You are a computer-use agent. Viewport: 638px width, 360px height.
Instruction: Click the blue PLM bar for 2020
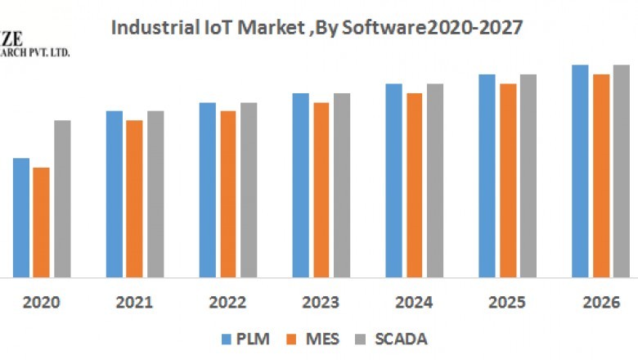pos(21,218)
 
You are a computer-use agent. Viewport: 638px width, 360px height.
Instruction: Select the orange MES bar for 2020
pos(41,223)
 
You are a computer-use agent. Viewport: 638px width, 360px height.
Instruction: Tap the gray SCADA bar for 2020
pos(62,199)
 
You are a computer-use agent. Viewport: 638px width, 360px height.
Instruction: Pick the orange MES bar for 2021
pos(134,199)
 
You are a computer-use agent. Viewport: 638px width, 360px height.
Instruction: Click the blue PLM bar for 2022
pos(207,190)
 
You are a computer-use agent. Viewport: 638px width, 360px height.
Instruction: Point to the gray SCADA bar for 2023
pos(341,185)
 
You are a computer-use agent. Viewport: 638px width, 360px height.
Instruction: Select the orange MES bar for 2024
pos(415,185)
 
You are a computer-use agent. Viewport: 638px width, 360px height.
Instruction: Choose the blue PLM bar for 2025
pos(487,176)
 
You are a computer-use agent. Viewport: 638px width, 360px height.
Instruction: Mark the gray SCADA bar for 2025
pos(528,176)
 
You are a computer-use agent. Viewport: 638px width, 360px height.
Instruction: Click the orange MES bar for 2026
pos(601,176)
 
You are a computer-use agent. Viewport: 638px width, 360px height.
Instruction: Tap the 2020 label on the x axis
pos(41,303)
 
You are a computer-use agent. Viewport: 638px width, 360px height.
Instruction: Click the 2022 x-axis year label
pos(227,303)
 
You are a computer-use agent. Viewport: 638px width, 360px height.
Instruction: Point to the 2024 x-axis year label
pos(414,303)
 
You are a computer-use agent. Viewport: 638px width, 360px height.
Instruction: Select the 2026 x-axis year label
pos(600,303)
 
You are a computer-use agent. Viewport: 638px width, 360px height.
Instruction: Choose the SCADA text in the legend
pos(401,339)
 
